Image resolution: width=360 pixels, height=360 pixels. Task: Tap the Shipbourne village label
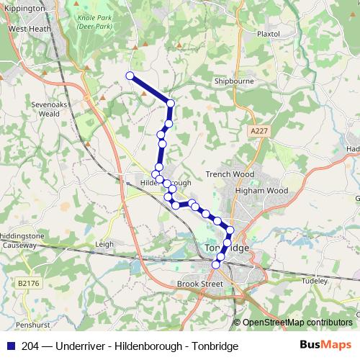[233, 82]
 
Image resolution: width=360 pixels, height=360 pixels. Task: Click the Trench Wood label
[230, 174]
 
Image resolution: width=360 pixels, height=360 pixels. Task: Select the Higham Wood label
[266, 191]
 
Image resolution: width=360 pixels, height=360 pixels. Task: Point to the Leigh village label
[104, 244]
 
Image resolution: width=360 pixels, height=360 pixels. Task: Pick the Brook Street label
[200, 284]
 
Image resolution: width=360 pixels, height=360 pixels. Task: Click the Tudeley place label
[315, 280]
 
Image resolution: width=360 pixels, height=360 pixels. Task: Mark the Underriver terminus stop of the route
[130, 76]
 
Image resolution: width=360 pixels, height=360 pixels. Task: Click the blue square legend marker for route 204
[10, 346]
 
